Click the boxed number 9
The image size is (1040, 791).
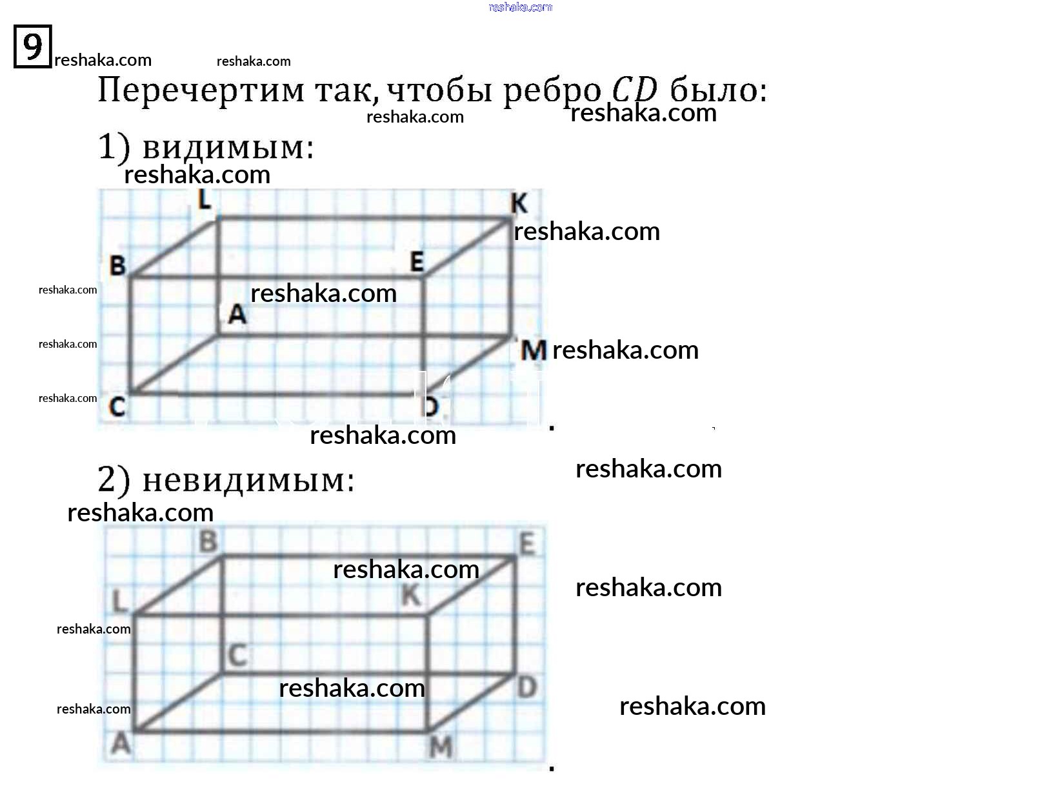click(32, 46)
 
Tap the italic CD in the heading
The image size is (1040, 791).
click(635, 89)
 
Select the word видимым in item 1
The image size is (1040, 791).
click(228, 148)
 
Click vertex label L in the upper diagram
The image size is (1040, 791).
click(205, 199)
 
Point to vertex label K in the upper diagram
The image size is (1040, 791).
click(519, 204)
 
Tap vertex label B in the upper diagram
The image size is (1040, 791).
click(117, 266)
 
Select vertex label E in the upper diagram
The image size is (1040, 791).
click(417, 262)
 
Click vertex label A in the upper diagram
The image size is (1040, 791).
click(237, 314)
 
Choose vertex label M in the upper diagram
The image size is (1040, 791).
click(534, 351)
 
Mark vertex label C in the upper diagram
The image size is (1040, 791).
click(117, 407)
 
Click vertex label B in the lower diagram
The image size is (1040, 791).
click(208, 541)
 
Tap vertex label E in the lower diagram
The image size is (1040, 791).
click(527, 545)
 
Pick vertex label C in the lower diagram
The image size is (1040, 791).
click(237, 656)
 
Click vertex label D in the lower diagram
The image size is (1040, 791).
click(527, 688)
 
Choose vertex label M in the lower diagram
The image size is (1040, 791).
click(441, 748)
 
